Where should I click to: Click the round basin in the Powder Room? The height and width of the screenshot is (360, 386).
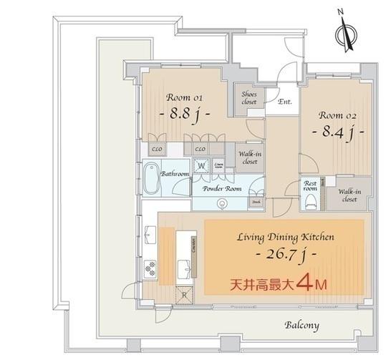click(x=222, y=203)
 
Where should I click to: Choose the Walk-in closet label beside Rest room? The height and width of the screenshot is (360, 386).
click(x=349, y=195)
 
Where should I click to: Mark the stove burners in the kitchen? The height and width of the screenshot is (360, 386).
click(x=150, y=268)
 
